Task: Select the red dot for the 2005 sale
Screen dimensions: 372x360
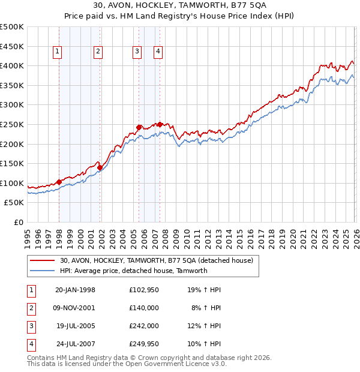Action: pyautogui.click(x=139, y=127)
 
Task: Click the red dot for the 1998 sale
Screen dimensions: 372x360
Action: pyautogui.click(x=59, y=182)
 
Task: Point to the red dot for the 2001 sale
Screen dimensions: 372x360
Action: pyautogui.click(x=100, y=167)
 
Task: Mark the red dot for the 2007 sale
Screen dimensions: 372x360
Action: pyautogui.click(x=160, y=124)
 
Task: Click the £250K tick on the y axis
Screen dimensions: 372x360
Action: pyautogui.click(x=12, y=125)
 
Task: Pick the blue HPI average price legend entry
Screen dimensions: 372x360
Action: pyautogui.click(x=133, y=271)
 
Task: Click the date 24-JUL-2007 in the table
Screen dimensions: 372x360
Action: pyautogui.click(x=75, y=344)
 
